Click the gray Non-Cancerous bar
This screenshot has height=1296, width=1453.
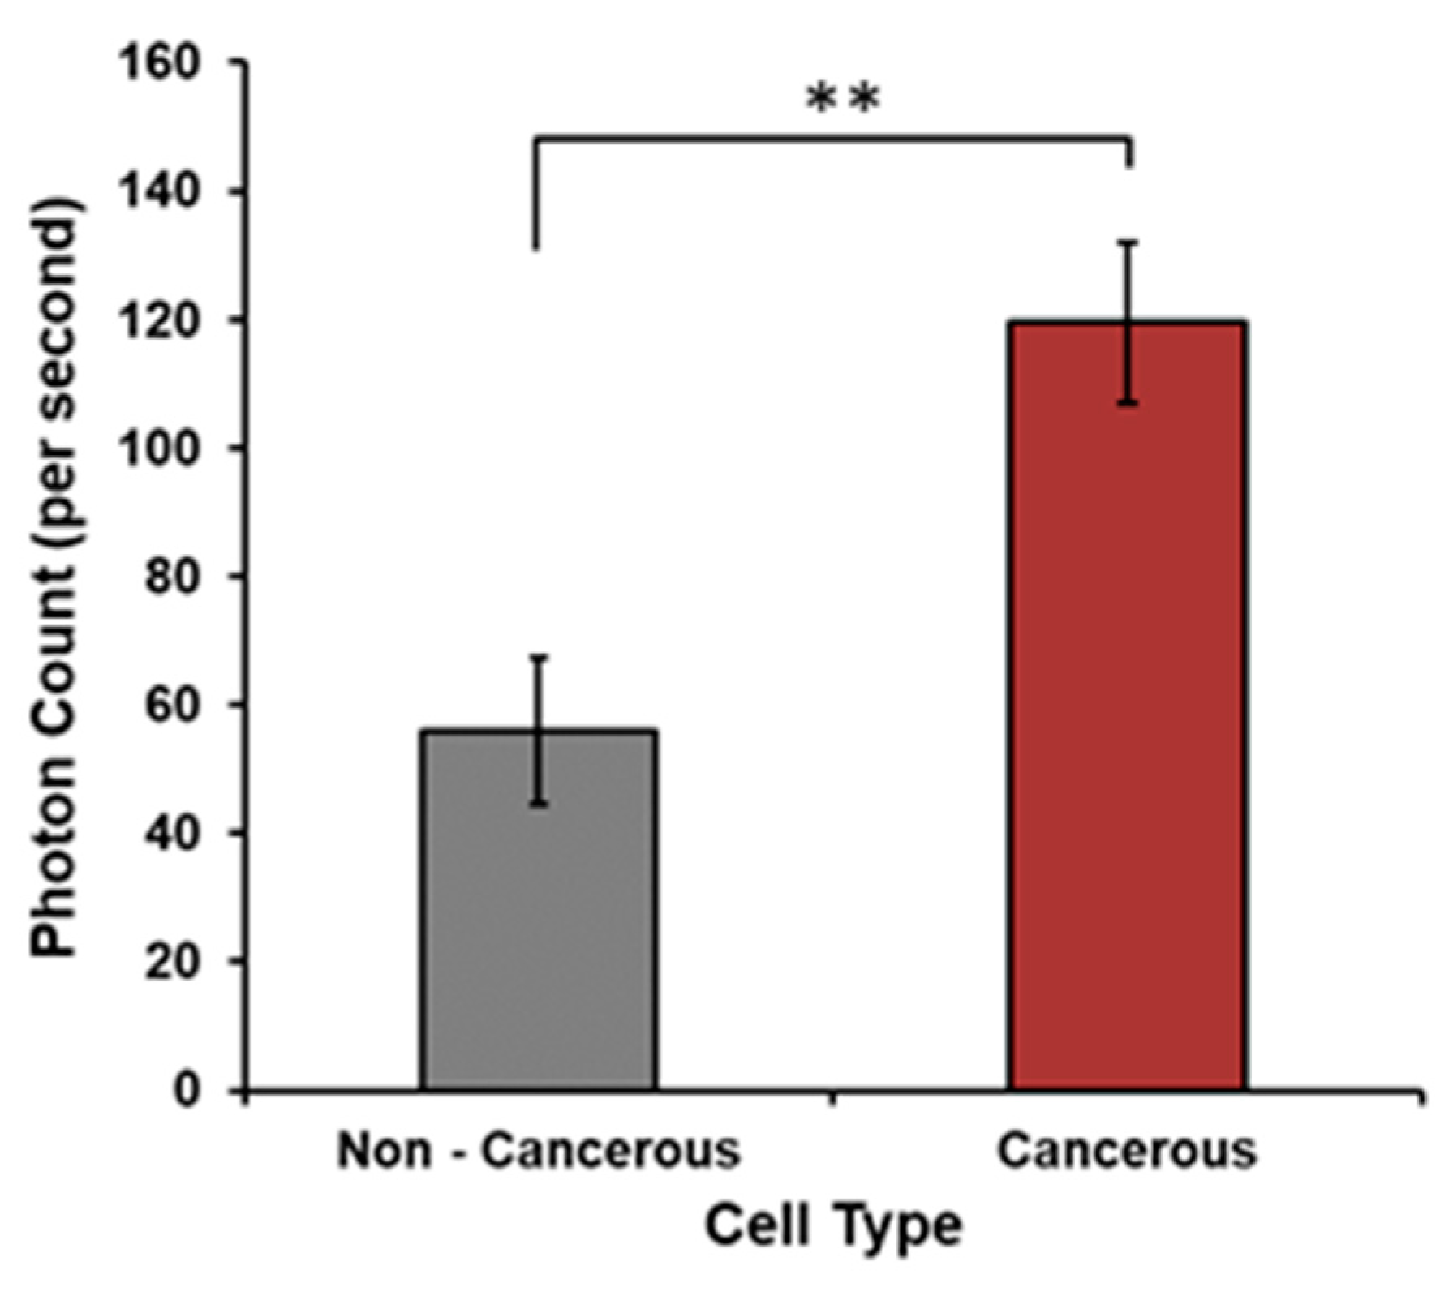pos(540,933)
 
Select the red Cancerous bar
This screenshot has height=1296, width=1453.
pos(1128,730)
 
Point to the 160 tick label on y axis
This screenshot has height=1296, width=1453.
pos(158,64)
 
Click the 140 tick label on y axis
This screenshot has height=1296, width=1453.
pos(158,192)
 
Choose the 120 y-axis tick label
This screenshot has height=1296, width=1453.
pos(158,320)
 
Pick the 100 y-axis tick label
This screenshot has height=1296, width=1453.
pos(158,448)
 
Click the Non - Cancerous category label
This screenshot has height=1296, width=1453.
pos(539,1150)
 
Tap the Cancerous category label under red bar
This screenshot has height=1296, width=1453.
pos(1127,1150)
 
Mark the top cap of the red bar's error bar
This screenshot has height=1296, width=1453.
pos(1128,242)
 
